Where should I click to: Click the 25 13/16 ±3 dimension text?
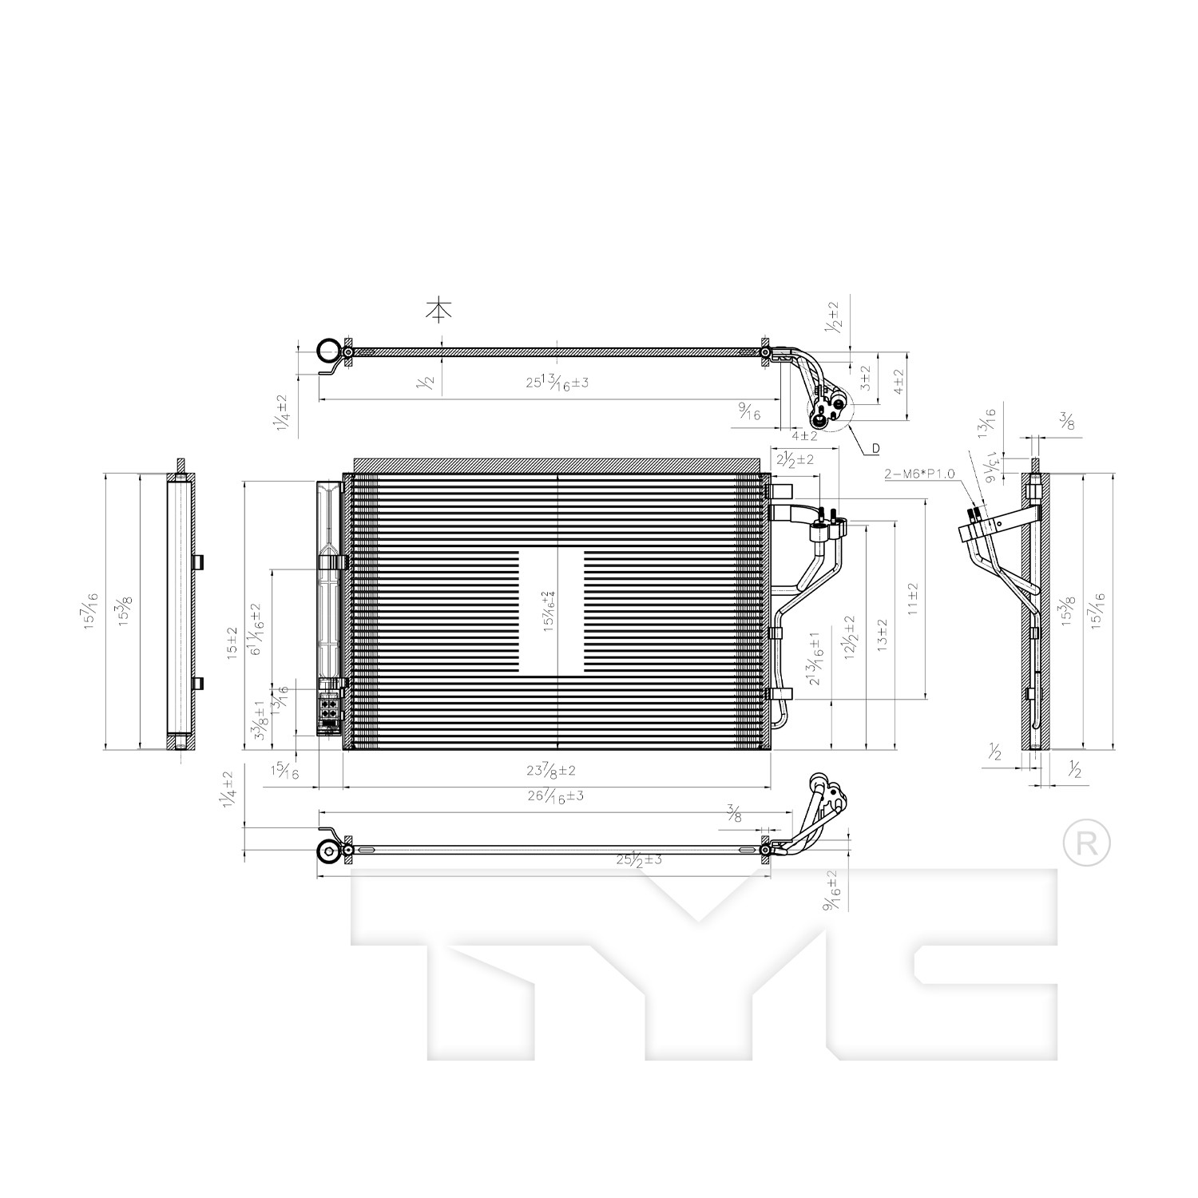(557, 382)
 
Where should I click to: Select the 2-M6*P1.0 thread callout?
(919, 474)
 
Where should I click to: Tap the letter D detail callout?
(875, 449)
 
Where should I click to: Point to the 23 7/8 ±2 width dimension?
(551, 771)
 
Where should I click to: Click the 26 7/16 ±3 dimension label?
(556, 796)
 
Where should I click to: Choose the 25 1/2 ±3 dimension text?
(639, 860)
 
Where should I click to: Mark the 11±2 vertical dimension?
(913, 598)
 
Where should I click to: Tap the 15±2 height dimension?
(232, 641)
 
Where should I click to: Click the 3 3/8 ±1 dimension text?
(260, 721)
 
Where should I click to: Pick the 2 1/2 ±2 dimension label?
(795, 459)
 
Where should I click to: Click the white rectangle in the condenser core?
(551, 611)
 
